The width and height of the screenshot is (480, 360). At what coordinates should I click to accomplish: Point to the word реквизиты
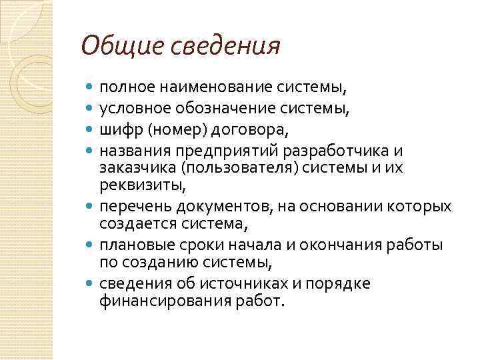coord(139,185)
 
